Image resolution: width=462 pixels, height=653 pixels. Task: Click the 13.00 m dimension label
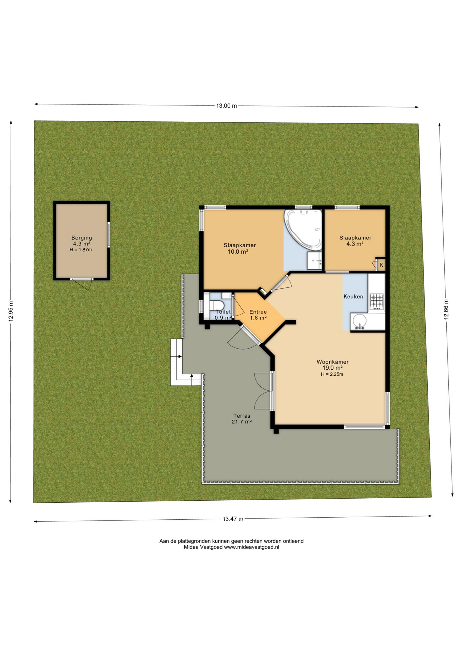227,106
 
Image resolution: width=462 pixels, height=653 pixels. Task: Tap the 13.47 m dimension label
233,519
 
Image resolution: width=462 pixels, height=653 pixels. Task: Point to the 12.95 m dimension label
11,312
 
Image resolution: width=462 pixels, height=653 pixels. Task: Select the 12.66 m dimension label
446,309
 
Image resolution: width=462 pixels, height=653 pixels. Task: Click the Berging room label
82,238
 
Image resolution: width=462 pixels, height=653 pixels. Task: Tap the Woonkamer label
333,362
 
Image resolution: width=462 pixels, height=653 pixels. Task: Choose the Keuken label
353,297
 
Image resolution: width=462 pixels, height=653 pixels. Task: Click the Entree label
258,312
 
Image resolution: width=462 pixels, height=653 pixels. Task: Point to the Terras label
242,416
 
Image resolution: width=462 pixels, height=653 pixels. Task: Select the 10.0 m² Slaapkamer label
240,245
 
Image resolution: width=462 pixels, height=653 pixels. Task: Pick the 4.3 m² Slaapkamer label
355,238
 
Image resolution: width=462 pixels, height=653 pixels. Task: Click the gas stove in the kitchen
377,302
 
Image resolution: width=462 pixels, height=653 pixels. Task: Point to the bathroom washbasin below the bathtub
314,261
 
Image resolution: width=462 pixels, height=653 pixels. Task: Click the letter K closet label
381,265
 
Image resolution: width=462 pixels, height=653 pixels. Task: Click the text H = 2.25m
332,374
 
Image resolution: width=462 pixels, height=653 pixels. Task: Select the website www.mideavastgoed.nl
251,547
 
